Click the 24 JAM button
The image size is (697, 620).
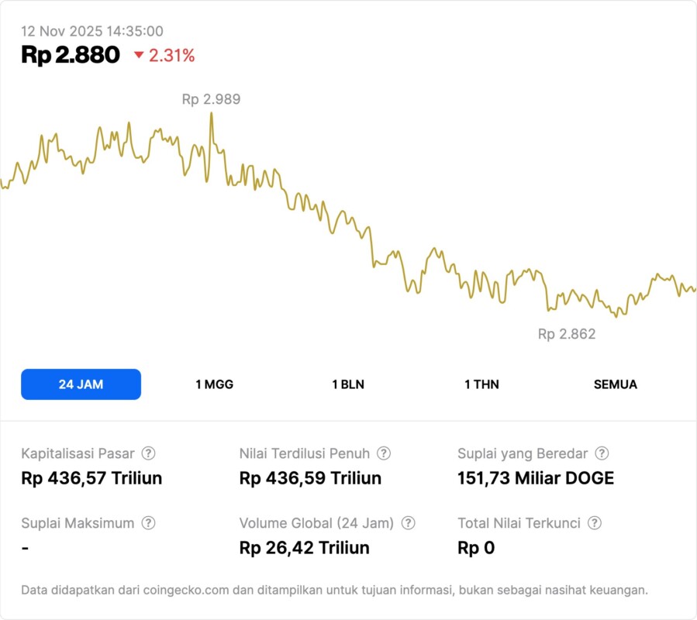click(x=81, y=384)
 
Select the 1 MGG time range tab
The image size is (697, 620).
click(x=215, y=384)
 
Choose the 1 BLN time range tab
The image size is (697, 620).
click(x=348, y=384)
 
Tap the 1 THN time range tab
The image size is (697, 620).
click(x=481, y=384)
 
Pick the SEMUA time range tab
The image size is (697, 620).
click(x=616, y=384)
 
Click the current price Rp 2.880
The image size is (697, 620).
click(x=71, y=55)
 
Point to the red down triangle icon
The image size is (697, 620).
click(x=139, y=55)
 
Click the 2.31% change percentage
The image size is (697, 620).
click(x=172, y=56)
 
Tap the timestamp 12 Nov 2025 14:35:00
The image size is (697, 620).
click(x=92, y=31)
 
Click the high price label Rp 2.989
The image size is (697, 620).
click(x=211, y=99)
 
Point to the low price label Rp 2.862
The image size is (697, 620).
click(x=567, y=334)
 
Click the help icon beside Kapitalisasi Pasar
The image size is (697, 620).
click(x=148, y=453)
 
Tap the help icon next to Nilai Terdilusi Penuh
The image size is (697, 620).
click(x=384, y=453)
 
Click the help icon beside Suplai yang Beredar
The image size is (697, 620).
click(x=602, y=453)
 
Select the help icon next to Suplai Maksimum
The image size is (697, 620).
click(x=148, y=523)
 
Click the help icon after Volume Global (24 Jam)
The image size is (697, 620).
click(x=409, y=523)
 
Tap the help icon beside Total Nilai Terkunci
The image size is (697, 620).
click(x=595, y=523)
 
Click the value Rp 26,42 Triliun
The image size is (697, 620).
click(x=304, y=548)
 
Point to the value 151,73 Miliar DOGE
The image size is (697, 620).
click(x=536, y=478)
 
